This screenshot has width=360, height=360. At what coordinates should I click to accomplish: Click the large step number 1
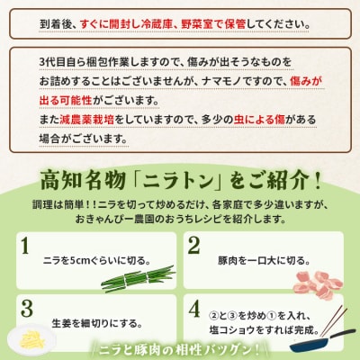pyautogui.click(x=25, y=246)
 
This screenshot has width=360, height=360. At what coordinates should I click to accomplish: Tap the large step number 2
pyautogui.click(x=193, y=246)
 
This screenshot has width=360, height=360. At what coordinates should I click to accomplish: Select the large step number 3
pyautogui.click(x=27, y=309)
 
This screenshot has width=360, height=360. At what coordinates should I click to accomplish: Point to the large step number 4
pyautogui.click(x=194, y=309)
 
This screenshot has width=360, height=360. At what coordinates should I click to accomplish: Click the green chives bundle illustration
pyautogui.click(x=138, y=279)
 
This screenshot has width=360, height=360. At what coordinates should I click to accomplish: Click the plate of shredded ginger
pyautogui.click(x=31, y=340)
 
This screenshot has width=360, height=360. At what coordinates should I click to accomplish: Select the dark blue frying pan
pyautogui.click(x=321, y=343)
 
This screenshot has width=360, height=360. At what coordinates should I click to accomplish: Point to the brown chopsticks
pyautogui.click(x=333, y=321)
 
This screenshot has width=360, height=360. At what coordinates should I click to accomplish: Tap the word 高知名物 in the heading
pyautogui.click(x=83, y=181)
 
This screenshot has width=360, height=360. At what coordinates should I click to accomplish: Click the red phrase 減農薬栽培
pyautogui.click(x=86, y=120)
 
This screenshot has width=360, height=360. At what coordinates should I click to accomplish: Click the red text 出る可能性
pyautogui.click(x=66, y=101)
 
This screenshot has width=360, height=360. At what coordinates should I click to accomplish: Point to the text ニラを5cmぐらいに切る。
pyautogui.click(x=96, y=260)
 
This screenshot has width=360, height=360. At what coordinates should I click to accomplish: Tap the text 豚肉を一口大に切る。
pyautogui.click(x=264, y=260)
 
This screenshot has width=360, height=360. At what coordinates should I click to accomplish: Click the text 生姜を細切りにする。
pyautogui.click(x=97, y=323)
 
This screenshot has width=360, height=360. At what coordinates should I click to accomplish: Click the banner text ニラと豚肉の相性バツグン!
pyautogui.click(x=179, y=350)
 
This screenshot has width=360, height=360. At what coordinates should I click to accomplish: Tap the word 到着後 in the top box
pyautogui.click(x=56, y=24)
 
